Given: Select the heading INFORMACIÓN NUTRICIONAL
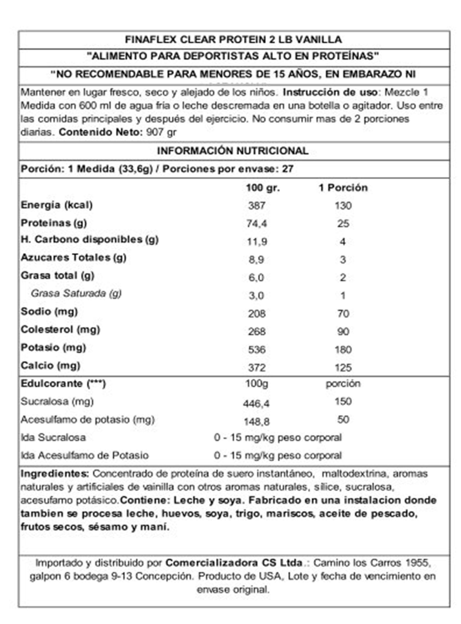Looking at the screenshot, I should tap(233, 151).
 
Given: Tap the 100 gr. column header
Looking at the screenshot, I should tap(262, 188).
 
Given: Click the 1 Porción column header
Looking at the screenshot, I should tap(343, 188).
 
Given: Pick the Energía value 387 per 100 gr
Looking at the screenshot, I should tap(256, 206).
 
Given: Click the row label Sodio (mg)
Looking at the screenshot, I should tap(49, 312).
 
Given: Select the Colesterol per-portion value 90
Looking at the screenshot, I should tap(343, 332).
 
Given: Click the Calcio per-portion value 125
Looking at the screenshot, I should tap(343, 368).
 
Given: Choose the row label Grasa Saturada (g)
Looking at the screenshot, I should tap(76, 293).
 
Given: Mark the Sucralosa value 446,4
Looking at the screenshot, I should tap(256, 403).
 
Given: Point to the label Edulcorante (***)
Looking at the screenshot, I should tap(63, 384).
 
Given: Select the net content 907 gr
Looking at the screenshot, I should tap(161, 132).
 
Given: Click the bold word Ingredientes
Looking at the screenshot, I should tap(55, 474).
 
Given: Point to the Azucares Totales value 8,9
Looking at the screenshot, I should tap(256, 260).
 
